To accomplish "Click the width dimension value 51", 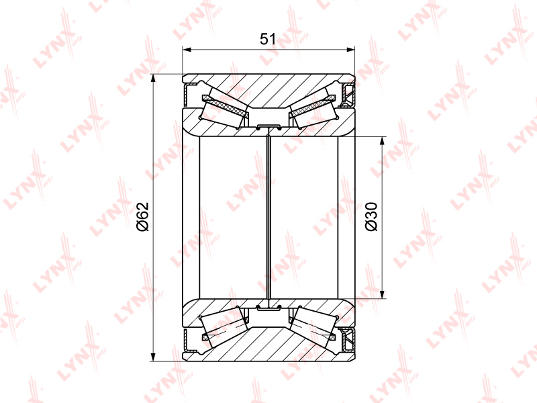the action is click(x=267, y=39).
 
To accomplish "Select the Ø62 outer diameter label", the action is click(x=142, y=216).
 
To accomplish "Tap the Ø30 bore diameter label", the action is click(x=371, y=216).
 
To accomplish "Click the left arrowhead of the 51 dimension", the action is click(x=187, y=50).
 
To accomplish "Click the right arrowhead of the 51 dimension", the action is click(x=350, y=50).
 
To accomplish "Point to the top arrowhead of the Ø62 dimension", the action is click(x=153, y=78).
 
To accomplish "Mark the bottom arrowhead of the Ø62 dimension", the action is click(x=153, y=357).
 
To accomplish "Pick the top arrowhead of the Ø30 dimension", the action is click(x=382, y=140).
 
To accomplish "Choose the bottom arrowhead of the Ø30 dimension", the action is click(x=382, y=294).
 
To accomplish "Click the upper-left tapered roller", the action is click(x=224, y=109).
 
